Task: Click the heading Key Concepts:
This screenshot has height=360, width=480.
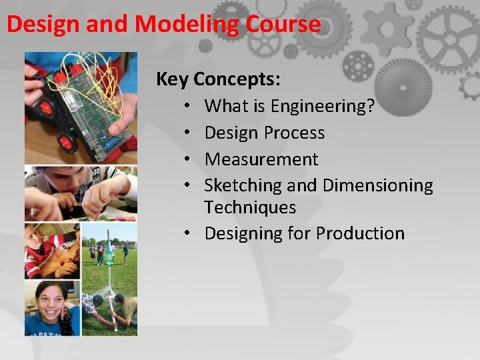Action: click(218, 79)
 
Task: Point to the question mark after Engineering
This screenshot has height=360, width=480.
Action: click(370, 106)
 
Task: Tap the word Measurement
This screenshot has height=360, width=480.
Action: click(261, 159)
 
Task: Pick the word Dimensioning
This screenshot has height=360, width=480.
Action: click(377, 185)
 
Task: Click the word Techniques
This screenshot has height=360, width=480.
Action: click(250, 207)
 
